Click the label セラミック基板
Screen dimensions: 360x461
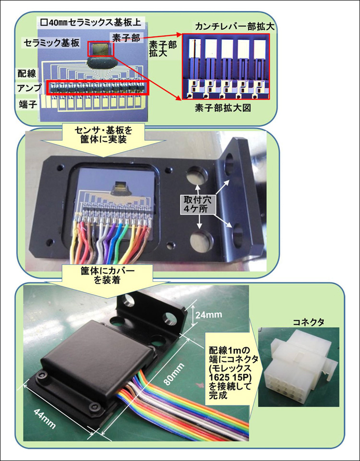point(51,43)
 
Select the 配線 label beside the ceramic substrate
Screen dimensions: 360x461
point(27,73)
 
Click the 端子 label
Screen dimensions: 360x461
point(27,104)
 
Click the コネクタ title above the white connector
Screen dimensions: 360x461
point(309,322)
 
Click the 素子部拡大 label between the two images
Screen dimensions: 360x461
point(163,49)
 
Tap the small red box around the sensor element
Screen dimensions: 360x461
point(101,49)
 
